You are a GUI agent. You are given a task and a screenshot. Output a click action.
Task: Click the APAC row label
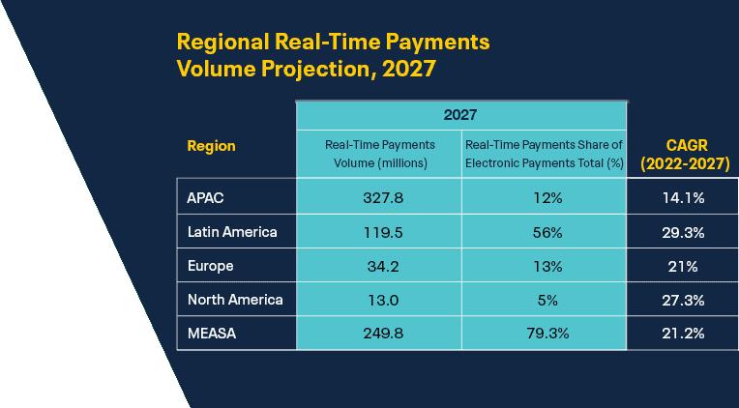point(205,198)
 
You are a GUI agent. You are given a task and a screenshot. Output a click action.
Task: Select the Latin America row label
point(232,232)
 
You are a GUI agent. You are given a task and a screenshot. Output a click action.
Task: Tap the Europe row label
point(210,266)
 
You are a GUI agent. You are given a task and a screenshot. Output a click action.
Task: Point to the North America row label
point(235,300)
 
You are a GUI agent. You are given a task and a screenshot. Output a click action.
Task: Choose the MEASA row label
point(212,334)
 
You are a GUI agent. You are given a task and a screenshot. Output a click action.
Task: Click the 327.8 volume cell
point(383,198)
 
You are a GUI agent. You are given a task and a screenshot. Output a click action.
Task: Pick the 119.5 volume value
point(383,232)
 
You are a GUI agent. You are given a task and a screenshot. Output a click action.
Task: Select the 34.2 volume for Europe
point(383,266)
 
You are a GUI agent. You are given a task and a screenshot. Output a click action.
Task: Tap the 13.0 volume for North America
point(383,300)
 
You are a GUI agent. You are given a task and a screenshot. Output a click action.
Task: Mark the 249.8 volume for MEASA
point(383,334)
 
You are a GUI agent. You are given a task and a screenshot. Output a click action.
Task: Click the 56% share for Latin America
point(547,232)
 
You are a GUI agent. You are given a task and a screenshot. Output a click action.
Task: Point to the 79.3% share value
point(547,334)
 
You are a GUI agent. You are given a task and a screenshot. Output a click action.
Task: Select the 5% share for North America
point(547,300)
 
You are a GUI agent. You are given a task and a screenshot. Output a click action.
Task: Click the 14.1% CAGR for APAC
point(684,198)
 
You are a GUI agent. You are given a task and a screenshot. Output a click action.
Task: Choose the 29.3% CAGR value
point(684,232)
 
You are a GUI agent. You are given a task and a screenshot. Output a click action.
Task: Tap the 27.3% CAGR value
point(684,300)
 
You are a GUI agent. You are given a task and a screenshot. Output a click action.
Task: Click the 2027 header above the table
point(460,115)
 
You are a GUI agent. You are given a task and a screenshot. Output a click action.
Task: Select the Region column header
point(211,146)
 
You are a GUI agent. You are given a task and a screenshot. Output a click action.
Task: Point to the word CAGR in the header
point(687,146)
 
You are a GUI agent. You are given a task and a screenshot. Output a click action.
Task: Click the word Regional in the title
point(222,42)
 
